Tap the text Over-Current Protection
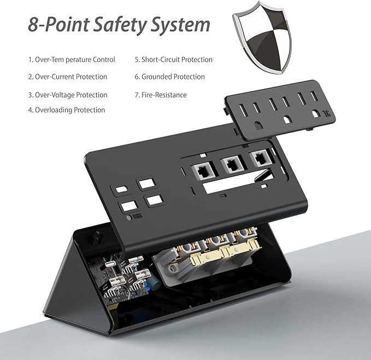68,77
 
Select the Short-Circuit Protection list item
173,60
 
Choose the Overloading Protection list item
67,110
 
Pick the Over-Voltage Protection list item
68,95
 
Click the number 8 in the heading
33,25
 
